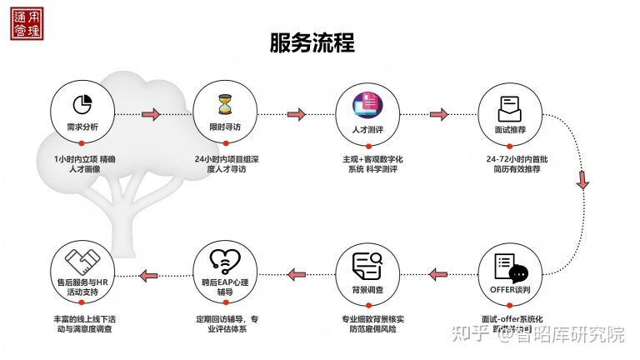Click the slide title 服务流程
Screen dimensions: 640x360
coord(312,43)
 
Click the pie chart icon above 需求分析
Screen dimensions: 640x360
coord(82,104)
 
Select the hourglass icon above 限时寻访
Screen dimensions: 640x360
coord(224,104)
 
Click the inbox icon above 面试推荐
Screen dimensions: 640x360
coord(509,107)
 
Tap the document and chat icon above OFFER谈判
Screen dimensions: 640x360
coord(510,267)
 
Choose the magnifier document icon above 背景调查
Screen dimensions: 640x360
coord(367,266)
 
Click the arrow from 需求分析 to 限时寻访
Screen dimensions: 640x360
coord(152,114)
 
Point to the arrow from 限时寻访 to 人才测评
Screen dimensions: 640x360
coord(296,114)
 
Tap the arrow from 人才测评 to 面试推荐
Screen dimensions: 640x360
coord(439,114)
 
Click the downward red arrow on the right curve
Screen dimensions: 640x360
coord(582,179)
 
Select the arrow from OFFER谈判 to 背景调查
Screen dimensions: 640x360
coord(438,275)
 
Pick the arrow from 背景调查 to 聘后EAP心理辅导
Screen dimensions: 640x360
coord(296,275)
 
